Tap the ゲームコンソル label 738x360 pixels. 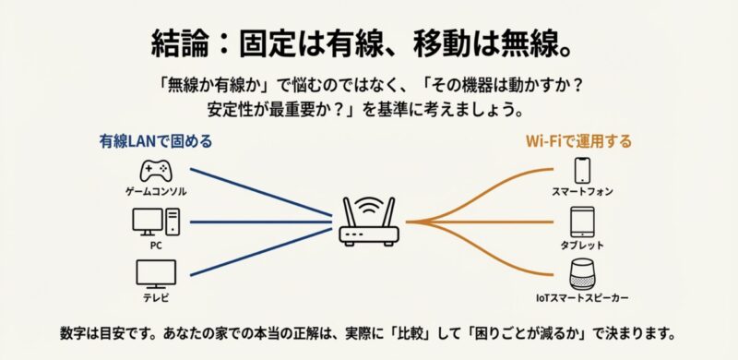155,191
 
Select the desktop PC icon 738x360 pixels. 155,222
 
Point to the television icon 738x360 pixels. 155,273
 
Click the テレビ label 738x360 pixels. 155,298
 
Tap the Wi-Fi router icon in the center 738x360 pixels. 368,224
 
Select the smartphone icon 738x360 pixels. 582,170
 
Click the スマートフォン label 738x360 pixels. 582,192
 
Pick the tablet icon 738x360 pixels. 582,222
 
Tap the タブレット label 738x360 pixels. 582,246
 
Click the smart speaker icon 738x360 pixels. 582,275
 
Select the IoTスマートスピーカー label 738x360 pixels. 582,299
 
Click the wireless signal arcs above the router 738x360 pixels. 368,201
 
